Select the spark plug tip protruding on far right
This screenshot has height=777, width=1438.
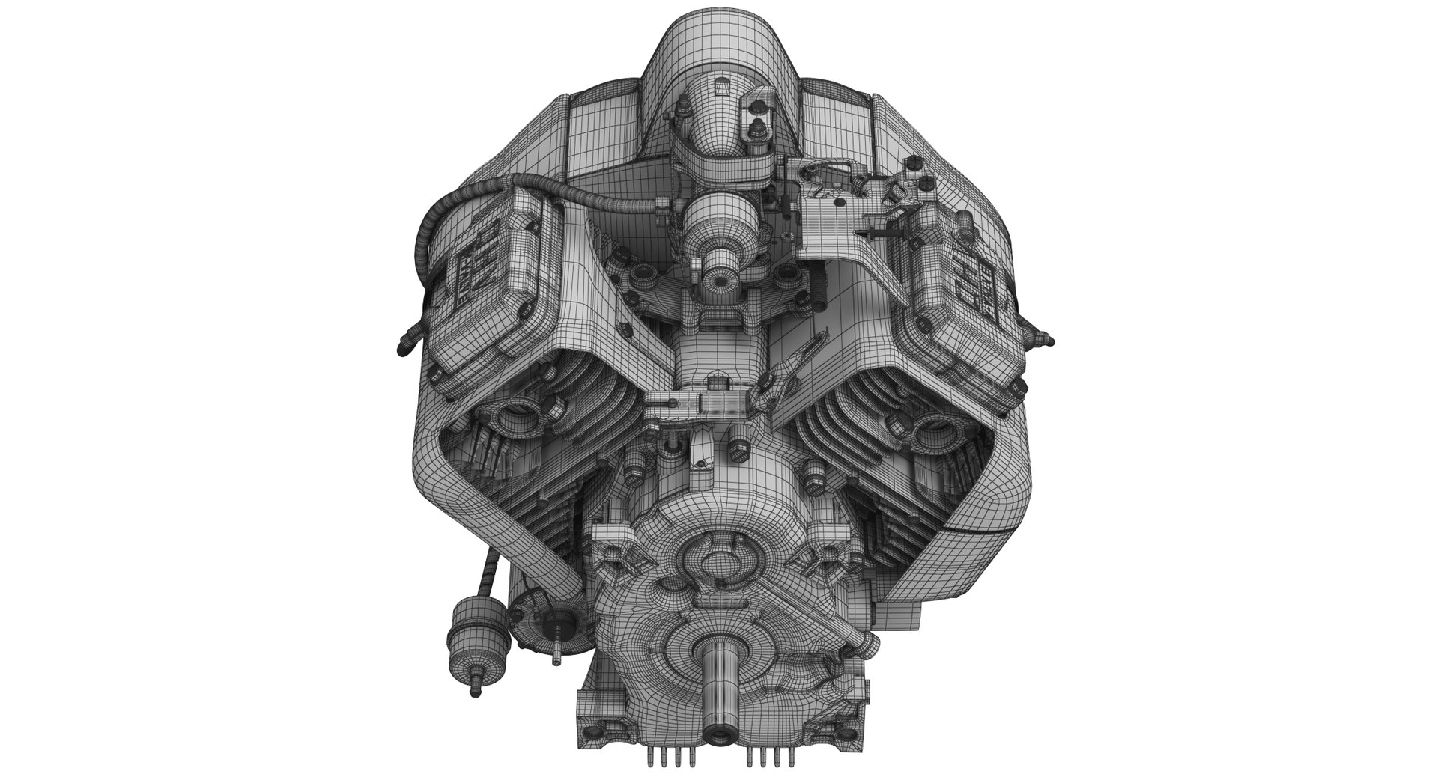coord(1051,342)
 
